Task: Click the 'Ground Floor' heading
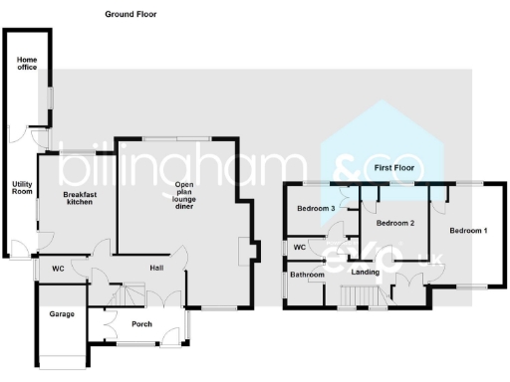coord(130,15)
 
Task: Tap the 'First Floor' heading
coord(393,170)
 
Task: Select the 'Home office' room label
coord(27,65)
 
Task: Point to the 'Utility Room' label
coord(22,188)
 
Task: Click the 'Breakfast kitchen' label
coord(79,198)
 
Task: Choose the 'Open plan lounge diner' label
coord(184,196)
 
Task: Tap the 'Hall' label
coord(156,268)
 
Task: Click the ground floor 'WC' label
coord(58,269)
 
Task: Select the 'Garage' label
coord(62,314)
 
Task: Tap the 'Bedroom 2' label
coord(393,223)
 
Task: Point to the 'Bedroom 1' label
coord(468,231)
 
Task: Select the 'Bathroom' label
coord(307,275)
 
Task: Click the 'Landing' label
coord(366,272)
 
